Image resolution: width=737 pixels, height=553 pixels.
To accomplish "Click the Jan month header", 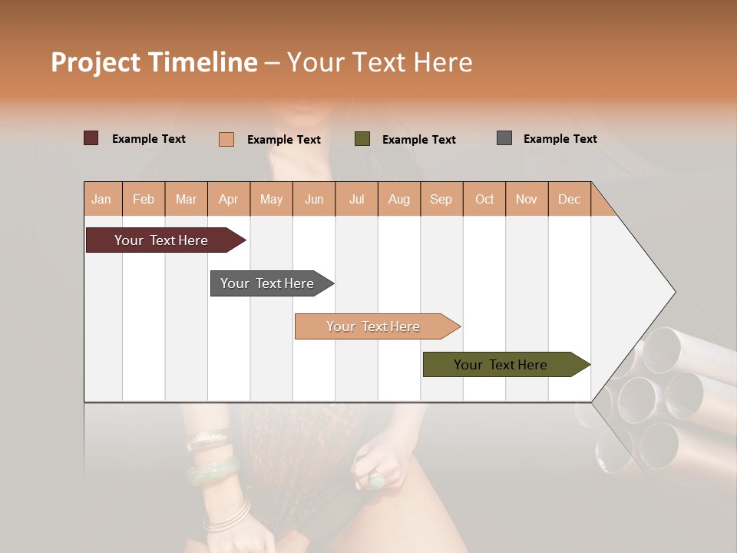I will point(101,199).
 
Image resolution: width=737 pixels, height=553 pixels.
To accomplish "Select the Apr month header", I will point(229,199).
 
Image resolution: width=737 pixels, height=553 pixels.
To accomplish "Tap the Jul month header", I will point(356,199).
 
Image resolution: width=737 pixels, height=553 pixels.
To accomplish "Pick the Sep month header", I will point(441,199).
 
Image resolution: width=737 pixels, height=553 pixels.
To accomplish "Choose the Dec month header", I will point(569,199).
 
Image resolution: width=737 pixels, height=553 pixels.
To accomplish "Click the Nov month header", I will point(526,199).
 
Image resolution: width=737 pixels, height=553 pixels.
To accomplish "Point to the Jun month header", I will point(314,199).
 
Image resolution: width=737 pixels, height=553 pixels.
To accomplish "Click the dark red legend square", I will point(91,138).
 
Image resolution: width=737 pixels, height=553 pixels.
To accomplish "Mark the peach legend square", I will point(226,139).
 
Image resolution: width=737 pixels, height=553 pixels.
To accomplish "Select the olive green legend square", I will point(362,139).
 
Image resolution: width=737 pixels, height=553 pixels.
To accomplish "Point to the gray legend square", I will point(504,138).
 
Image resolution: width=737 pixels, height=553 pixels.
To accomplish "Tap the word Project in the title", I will point(95,62).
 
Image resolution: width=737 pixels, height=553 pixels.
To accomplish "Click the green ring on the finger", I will point(377,481).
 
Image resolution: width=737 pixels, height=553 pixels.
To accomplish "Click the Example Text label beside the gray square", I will point(560,138).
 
